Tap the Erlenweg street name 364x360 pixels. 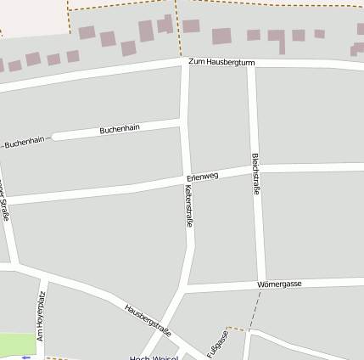(202, 177)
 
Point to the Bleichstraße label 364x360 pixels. (256, 175)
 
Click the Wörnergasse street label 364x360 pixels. (290, 284)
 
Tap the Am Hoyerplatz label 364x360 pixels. (41, 317)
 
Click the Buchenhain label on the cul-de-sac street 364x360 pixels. (119, 129)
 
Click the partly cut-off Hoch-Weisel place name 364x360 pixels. (153, 357)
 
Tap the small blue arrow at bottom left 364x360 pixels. (25, 357)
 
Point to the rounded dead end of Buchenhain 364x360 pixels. (57, 136)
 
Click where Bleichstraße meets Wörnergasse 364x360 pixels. (260, 285)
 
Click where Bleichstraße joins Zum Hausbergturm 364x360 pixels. (251, 65)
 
